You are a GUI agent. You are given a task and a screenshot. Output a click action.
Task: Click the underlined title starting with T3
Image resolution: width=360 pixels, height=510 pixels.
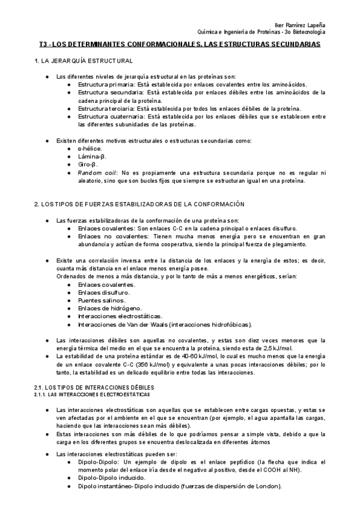pos(180,45)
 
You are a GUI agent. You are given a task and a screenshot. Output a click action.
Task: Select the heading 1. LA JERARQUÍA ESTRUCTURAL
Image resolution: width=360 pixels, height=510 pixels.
pos(84,61)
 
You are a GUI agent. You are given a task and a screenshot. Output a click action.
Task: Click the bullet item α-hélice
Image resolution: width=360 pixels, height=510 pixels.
pos(90,148)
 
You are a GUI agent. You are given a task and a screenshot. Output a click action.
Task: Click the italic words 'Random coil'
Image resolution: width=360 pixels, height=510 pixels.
pos(93,172)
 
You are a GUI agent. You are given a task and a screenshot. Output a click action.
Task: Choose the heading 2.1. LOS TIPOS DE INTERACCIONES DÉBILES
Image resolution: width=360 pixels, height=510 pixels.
pos(94,388)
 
